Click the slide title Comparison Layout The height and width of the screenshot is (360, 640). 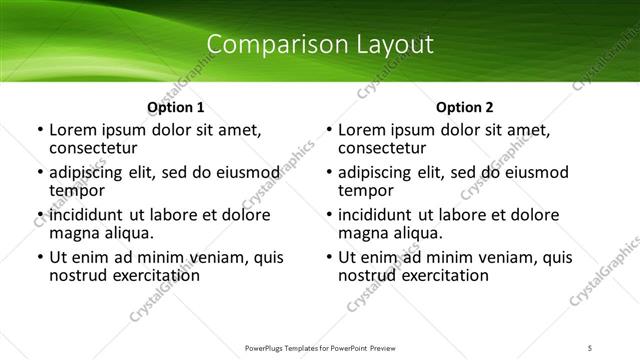click(x=319, y=45)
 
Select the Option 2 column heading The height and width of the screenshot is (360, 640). click(x=464, y=107)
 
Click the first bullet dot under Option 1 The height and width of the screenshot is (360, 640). click(x=39, y=131)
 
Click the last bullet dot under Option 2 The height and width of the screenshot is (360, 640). click(x=328, y=257)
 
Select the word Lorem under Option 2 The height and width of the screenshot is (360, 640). click(x=361, y=130)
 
